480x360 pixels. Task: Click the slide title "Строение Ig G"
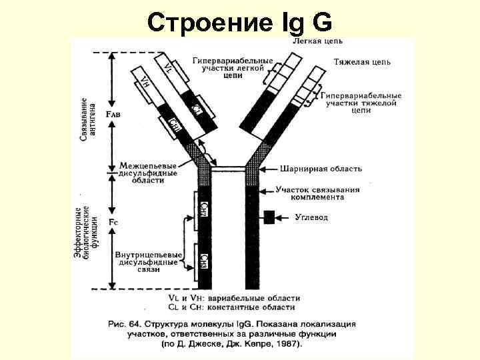[239, 22]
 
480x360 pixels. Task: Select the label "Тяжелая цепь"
[362, 62]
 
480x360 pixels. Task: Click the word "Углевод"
[311, 217]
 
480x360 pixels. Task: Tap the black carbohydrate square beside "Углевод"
[269, 217]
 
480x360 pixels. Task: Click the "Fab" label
[114, 114]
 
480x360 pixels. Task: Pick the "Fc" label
[113, 220]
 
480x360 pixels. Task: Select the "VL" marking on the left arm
[168, 67]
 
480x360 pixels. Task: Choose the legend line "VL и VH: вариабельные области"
[233, 298]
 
